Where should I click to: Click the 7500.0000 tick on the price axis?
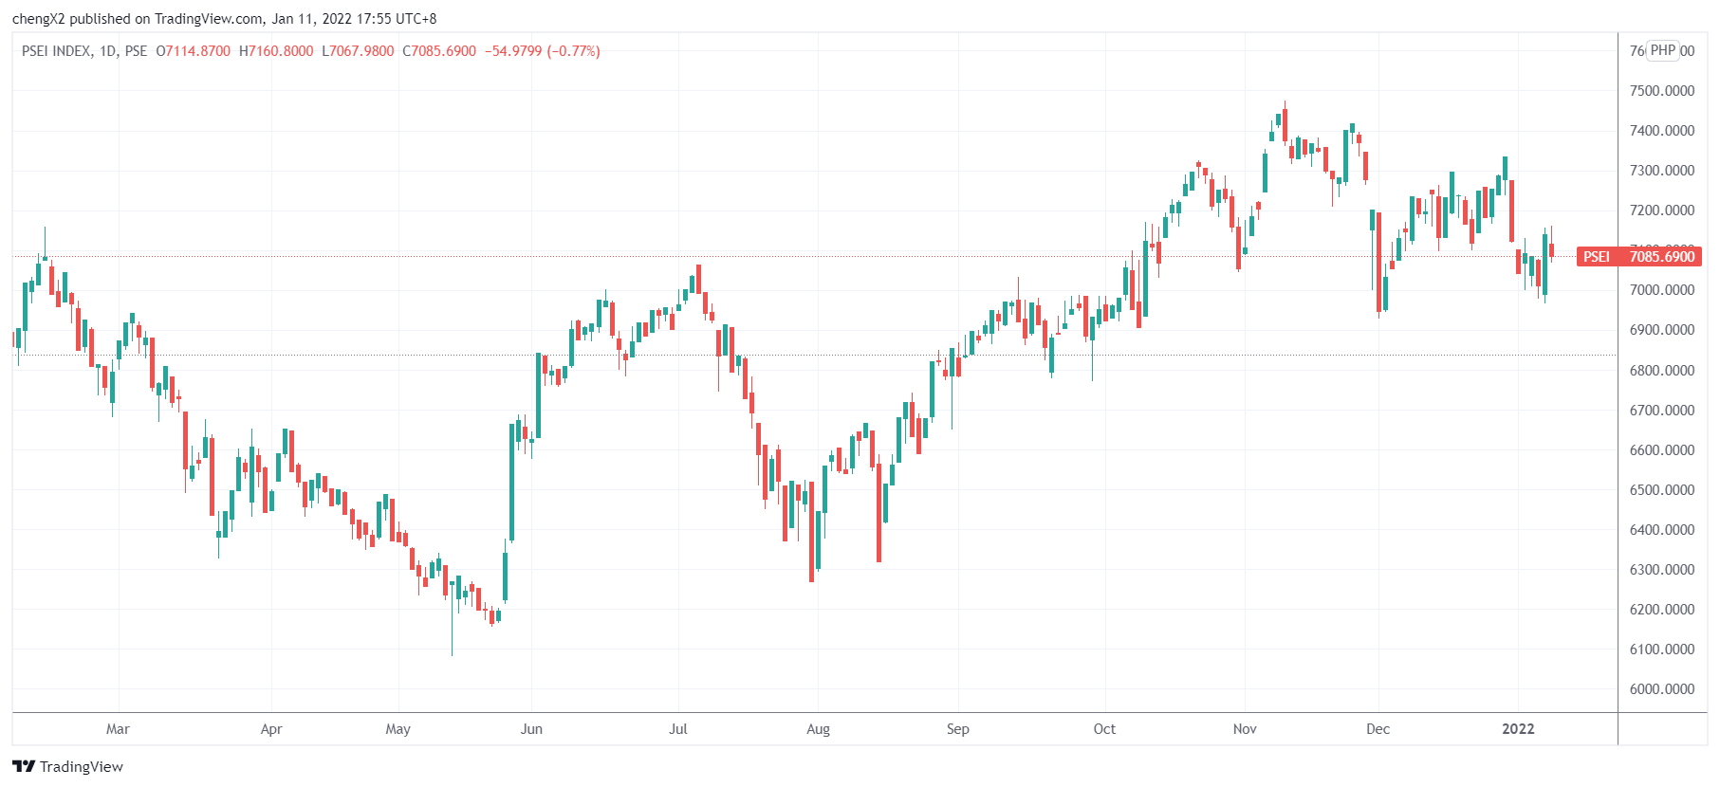(1661, 91)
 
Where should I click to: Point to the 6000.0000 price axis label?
(1661, 689)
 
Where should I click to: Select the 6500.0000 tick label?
(1661, 490)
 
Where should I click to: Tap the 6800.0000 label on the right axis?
(1661, 371)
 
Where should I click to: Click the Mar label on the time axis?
(118, 729)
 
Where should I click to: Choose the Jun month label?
(531, 729)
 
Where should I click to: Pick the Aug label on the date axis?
(818, 729)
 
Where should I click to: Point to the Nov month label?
(1245, 729)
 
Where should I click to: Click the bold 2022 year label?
(1518, 729)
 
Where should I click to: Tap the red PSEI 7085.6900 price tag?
(1638, 257)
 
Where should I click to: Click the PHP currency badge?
(1663, 50)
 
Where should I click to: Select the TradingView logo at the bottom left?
(67, 766)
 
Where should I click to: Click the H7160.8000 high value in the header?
(276, 51)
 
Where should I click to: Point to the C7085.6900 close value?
(439, 51)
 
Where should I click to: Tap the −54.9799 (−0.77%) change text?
(543, 51)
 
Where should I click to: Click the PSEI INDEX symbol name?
(56, 51)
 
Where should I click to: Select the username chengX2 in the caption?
(39, 19)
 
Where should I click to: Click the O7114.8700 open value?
(194, 51)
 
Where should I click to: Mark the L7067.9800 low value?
(358, 51)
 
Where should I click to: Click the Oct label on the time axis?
(1104, 729)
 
